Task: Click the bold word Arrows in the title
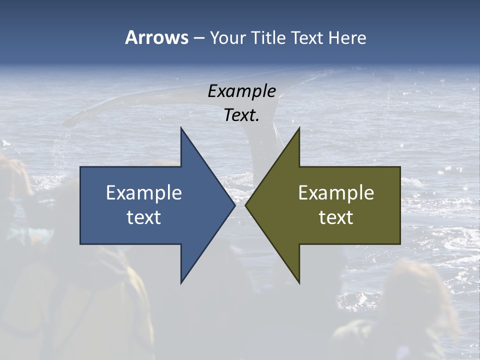click(x=156, y=37)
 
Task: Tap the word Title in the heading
click(x=268, y=38)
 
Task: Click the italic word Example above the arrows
click(x=241, y=91)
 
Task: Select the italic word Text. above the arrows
click(x=241, y=115)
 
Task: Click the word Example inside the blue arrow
click(x=143, y=193)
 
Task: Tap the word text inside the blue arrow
click(x=143, y=217)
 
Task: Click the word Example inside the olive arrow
click(x=336, y=193)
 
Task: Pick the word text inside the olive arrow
click(x=336, y=217)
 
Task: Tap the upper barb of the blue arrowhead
click(x=182, y=132)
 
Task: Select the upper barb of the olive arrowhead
click(x=298, y=132)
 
